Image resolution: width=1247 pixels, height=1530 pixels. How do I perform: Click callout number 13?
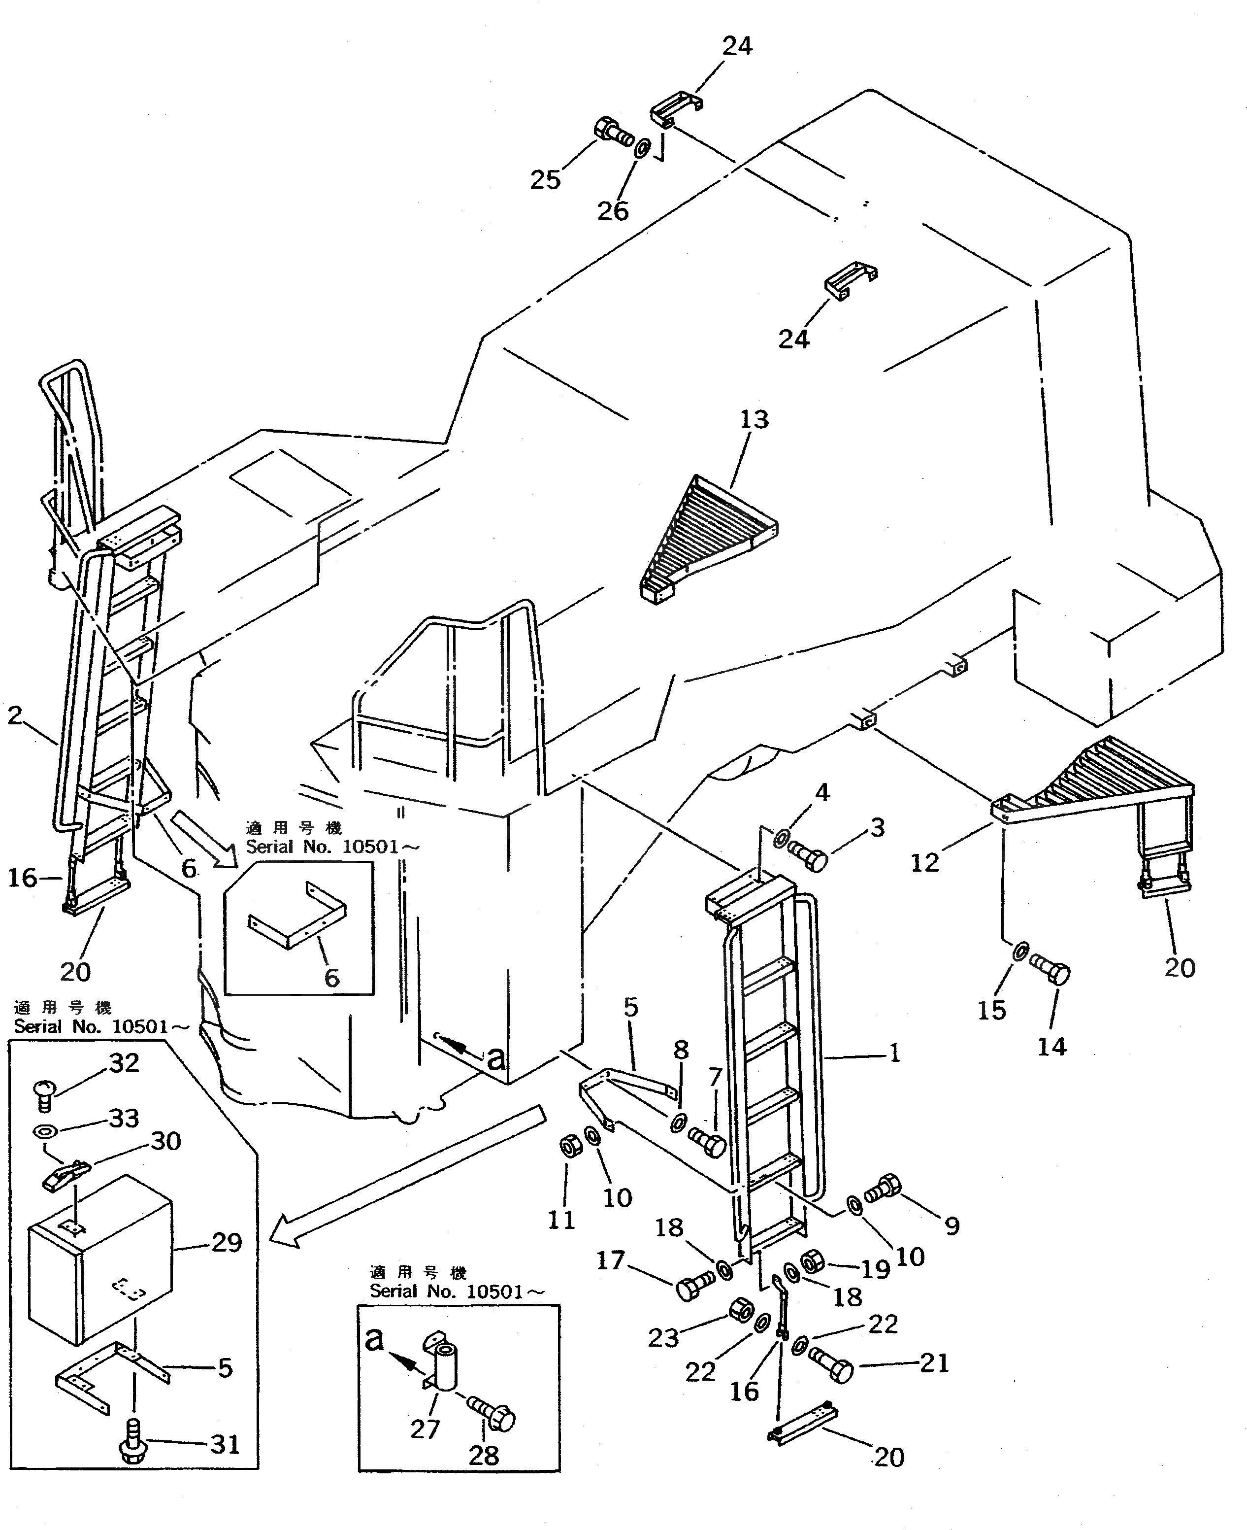[x=754, y=420]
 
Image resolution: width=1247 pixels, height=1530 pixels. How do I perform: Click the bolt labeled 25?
[x=613, y=132]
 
